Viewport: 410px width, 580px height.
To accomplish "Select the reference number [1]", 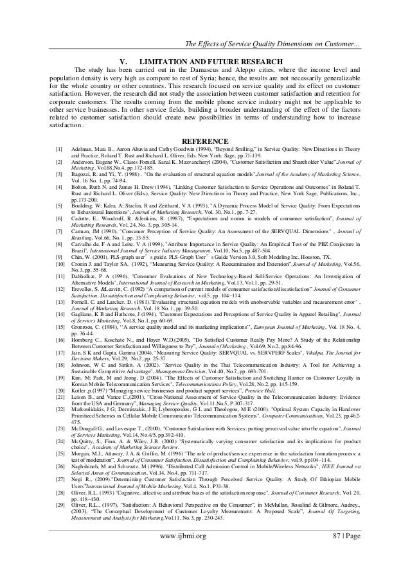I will [x=59, y=150].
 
